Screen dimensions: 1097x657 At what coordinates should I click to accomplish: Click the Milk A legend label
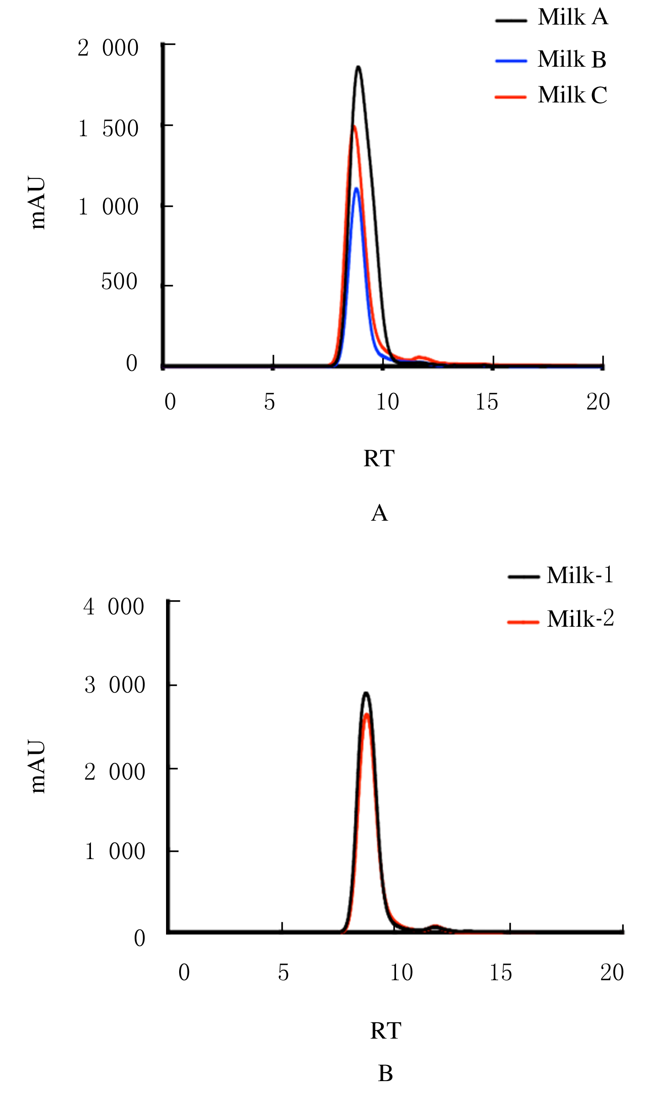573,18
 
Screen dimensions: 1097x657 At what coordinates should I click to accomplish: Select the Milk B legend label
572,59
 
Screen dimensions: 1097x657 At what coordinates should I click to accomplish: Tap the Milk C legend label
572,95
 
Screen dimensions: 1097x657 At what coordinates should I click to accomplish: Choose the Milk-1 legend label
580,576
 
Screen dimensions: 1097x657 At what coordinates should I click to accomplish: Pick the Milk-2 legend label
580,619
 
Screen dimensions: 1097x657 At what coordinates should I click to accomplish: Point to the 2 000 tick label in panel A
108,48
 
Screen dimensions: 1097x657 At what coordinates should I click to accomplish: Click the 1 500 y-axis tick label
108,129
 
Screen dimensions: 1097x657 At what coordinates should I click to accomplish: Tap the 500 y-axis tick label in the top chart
119,282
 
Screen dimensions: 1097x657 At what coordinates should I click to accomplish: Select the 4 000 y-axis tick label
114,606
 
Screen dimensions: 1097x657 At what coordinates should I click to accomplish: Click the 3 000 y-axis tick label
115,685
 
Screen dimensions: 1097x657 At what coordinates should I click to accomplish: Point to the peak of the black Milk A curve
358,67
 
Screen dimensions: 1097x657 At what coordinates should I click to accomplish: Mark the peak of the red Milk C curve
354,127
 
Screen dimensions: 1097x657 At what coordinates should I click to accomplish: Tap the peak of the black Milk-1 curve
366,693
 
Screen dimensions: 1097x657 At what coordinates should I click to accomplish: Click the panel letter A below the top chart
379,514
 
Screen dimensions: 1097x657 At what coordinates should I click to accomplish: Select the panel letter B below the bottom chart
385,1074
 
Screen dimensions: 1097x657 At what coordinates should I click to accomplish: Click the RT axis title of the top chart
379,458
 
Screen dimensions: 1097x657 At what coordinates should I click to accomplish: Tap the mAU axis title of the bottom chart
39,767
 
